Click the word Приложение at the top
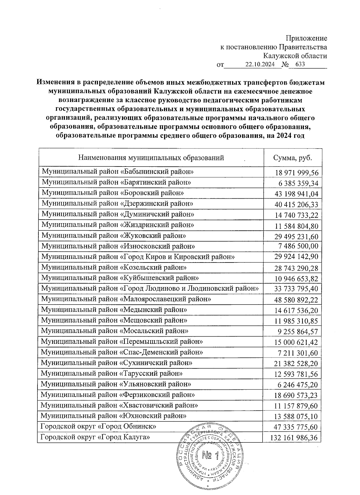pos(306,38)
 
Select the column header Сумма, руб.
pos(292,158)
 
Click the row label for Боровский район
pos(112,193)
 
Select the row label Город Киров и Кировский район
pos(138,257)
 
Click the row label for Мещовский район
pos(114,320)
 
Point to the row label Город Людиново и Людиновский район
pos(150,289)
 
